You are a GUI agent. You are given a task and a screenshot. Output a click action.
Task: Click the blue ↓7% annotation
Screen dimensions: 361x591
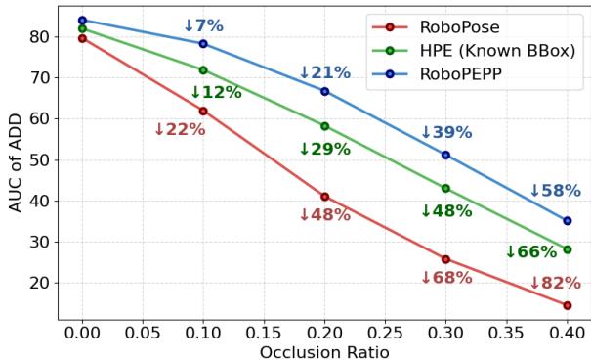[x=203, y=25]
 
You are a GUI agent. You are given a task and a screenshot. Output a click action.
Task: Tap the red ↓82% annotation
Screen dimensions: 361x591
[x=555, y=284]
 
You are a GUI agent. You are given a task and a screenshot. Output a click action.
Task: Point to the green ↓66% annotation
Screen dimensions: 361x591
[x=530, y=252]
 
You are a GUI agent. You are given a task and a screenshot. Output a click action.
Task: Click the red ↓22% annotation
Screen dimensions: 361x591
[x=180, y=130]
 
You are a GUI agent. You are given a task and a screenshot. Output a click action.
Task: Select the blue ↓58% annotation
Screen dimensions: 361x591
[x=555, y=192]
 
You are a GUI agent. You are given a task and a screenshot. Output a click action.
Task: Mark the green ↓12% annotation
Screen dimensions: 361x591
[x=215, y=92]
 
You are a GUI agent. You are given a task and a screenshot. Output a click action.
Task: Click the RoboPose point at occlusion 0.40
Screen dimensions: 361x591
[x=567, y=305]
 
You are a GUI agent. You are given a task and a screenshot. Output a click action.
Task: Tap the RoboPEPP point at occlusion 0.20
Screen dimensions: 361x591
[x=324, y=91]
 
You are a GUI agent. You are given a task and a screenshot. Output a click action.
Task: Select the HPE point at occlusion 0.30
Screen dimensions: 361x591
[x=445, y=188]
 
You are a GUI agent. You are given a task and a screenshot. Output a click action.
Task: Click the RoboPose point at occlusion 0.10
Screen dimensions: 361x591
[x=203, y=111]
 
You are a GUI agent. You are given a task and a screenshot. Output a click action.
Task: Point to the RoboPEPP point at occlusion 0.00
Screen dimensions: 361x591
[x=82, y=20]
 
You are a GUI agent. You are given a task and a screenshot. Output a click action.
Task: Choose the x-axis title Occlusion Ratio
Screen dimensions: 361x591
[x=324, y=351]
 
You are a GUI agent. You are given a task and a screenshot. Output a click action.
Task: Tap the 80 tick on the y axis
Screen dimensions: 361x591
[x=41, y=36]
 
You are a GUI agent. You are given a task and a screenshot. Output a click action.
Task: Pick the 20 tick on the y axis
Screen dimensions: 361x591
[x=41, y=283]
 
